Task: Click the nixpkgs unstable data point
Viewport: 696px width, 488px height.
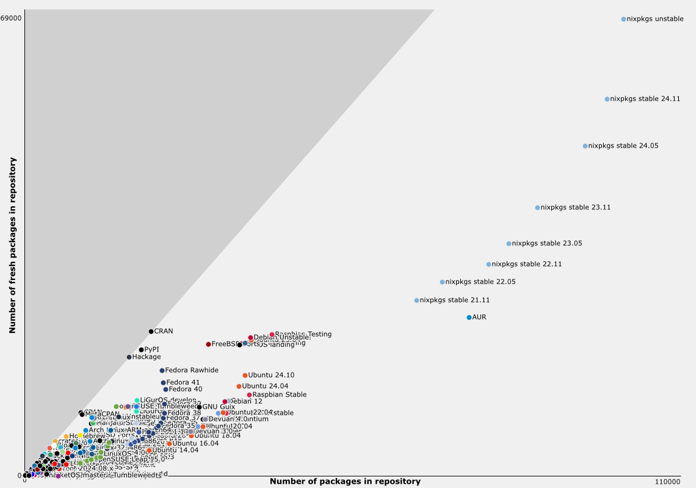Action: (x=623, y=20)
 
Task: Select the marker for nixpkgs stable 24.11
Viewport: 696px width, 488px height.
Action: (x=607, y=99)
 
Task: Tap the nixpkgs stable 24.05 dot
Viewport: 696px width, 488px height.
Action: (x=585, y=146)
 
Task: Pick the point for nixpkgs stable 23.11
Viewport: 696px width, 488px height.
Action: (x=537, y=208)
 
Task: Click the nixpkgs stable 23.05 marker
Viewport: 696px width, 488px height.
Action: (x=509, y=244)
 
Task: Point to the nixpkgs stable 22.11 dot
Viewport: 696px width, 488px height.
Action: (x=488, y=265)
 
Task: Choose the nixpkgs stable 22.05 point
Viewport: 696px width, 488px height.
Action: (x=442, y=282)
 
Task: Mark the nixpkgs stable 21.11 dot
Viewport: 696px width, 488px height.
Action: (x=416, y=301)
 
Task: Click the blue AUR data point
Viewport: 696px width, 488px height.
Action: (x=469, y=318)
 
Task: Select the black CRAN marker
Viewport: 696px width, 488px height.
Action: (x=151, y=332)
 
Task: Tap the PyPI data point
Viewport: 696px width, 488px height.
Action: (x=141, y=350)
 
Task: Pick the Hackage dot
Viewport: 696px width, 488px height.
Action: (x=129, y=357)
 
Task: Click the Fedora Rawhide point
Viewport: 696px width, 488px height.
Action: (x=162, y=371)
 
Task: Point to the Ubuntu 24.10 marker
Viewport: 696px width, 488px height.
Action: (x=245, y=376)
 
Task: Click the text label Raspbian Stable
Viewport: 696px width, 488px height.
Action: (x=280, y=395)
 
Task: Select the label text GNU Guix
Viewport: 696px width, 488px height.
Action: (x=219, y=407)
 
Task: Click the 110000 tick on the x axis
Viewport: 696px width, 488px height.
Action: (x=667, y=482)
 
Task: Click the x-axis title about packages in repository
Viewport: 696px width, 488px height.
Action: (x=345, y=482)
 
